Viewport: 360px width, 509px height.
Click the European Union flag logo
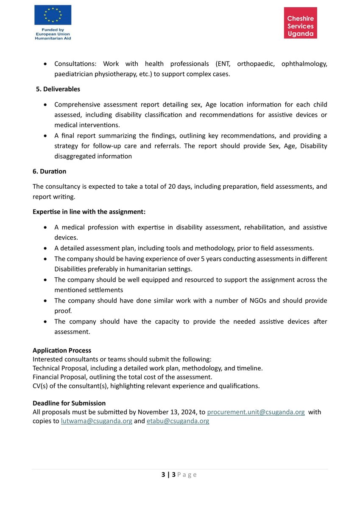(53, 16)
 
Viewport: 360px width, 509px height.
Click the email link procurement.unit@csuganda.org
(256, 412)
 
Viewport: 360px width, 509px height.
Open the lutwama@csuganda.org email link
(97, 421)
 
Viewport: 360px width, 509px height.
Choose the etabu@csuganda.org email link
(178, 421)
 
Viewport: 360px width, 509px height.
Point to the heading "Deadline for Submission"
(69, 403)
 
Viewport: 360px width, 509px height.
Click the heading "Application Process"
(62, 350)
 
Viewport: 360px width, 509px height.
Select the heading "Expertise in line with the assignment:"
(89, 211)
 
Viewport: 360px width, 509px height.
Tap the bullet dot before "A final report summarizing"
(45, 136)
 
